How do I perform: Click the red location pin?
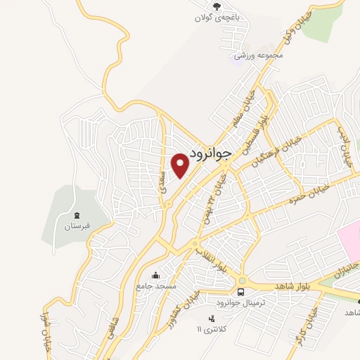[x=181, y=165]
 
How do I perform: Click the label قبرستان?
[x=77, y=227]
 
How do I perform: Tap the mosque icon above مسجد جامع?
[x=155, y=275]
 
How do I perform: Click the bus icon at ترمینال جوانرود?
[x=240, y=292]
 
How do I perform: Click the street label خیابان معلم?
[x=245, y=110]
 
